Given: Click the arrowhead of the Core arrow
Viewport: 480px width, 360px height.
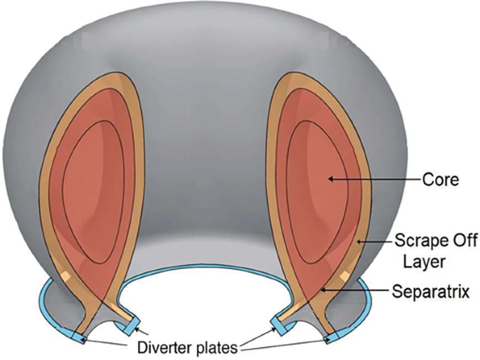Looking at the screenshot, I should pos(329,180).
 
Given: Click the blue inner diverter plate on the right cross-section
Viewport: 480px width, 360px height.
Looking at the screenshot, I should pos(278,324).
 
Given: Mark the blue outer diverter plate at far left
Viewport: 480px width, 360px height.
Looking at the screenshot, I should pos(83,340).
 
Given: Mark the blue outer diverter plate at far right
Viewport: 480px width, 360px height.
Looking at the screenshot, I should pos(329,340).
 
